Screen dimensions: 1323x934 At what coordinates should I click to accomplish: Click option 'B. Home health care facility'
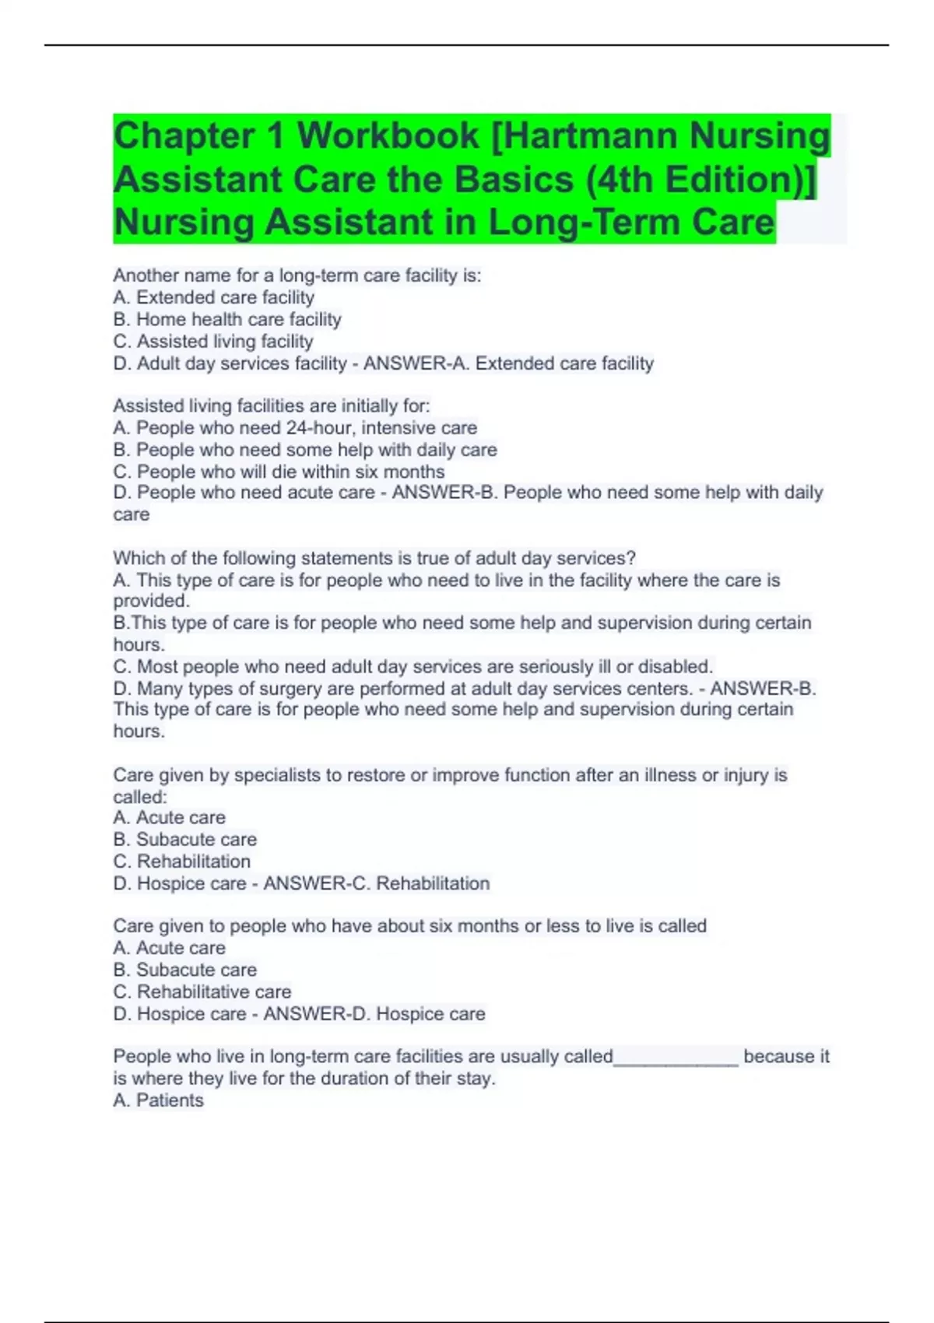pyautogui.click(x=227, y=319)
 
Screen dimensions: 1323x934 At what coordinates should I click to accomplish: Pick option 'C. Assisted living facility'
pyautogui.click(x=213, y=341)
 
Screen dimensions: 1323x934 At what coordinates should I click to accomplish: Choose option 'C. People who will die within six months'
pyautogui.click(x=279, y=472)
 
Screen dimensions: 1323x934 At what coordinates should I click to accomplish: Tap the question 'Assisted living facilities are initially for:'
pyautogui.click(x=271, y=406)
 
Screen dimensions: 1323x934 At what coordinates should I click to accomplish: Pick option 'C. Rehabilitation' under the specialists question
pyautogui.click(x=182, y=862)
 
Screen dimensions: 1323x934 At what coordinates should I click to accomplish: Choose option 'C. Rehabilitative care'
pyautogui.click(x=202, y=992)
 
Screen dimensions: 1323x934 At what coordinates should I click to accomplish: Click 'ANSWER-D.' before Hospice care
pyautogui.click(x=316, y=1014)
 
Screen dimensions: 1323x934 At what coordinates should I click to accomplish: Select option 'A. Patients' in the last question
pyautogui.click(x=158, y=1100)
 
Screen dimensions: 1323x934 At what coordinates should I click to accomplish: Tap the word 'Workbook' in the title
pyautogui.click(x=388, y=135)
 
